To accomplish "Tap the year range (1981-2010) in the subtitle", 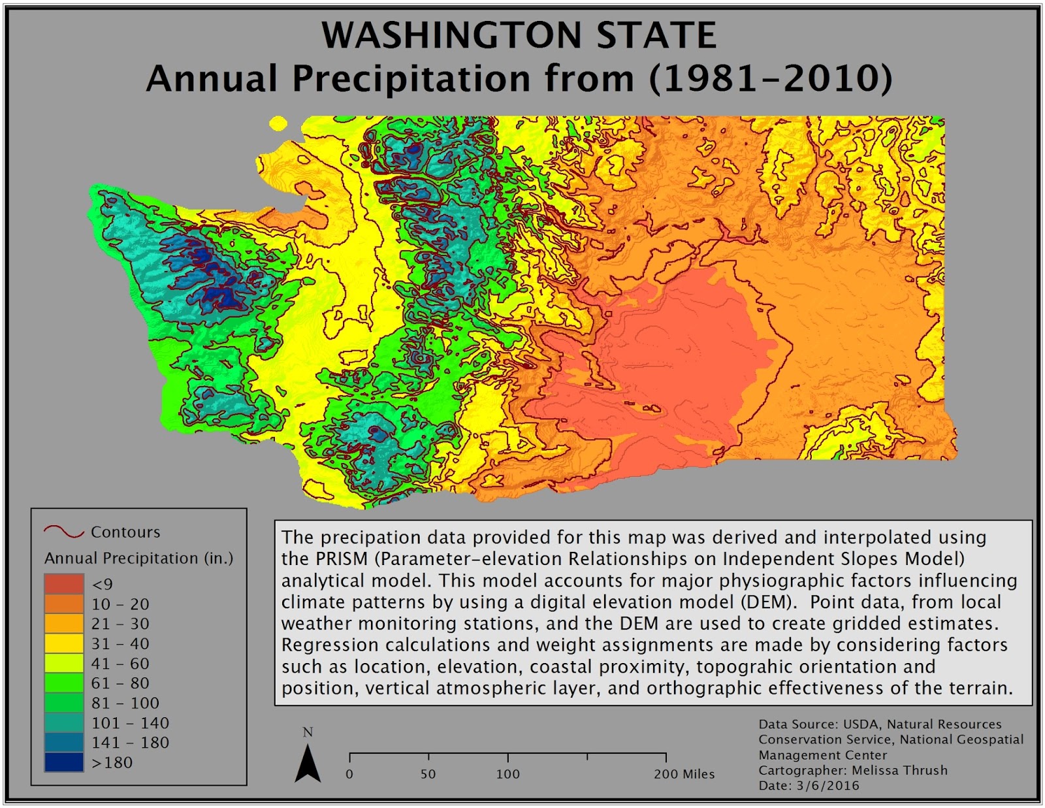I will [770, 78].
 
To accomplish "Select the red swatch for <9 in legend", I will [64, 583].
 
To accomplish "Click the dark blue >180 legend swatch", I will [64, 762].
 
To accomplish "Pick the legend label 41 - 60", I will [120, 664].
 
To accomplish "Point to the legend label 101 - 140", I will [130, 723].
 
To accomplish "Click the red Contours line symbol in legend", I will [64, 531].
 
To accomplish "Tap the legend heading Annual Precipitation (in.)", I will [138, 558].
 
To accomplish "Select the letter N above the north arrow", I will [308, 732].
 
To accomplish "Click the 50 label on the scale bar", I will [428, 774].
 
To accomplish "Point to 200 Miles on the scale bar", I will [684, 774].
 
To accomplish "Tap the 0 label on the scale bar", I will [349, 774].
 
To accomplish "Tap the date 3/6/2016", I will [828, 785].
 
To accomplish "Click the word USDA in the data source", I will [861, 724].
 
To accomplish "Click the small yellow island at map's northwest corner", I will [278, 123].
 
